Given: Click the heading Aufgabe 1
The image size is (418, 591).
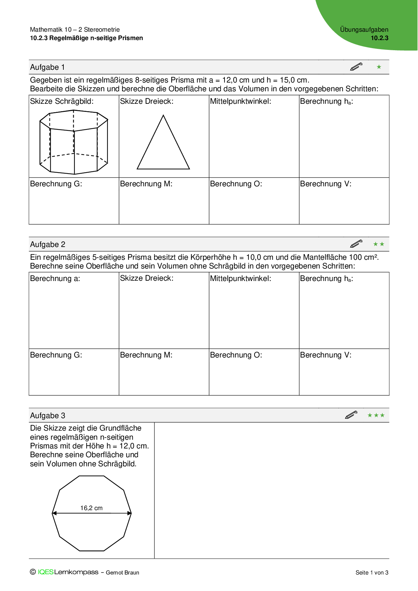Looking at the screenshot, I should pyautogui.click(x=47, y=67).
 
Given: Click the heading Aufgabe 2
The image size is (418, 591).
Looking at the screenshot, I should pyautogui.click(x=48, y=245).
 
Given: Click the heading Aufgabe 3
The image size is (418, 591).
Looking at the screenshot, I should pyautogui.click(x=48, y=416).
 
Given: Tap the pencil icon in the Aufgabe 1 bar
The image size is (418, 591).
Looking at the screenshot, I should pyautogui.click(x=356, y=67).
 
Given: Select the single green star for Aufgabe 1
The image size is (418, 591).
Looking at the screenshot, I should pyautogui.click(x=379, y=67).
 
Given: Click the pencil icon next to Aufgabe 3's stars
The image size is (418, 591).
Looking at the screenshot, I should pyautogui.click(x=351, y=415).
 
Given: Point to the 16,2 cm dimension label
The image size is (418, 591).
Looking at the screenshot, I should pyautogui.click(x=91, y=508).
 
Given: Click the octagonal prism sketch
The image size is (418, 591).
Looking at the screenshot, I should pyautogui.click(x=74, y=142).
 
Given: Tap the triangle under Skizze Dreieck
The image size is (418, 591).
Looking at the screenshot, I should pyautogui.click(x=163, y=145).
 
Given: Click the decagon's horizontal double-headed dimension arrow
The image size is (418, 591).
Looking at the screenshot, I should pyautogui.click(x=92, y=513).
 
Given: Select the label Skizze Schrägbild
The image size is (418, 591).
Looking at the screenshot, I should pyautogui.click(x=62, y=101).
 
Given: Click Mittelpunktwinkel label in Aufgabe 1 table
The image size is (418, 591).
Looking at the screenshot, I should pyautogui.click(x=240, y=101).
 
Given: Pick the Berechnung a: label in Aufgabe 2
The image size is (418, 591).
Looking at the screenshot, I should pyautogui.click(x=55, y=279).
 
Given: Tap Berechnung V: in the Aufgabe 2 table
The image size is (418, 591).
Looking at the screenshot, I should pyautogui.click(x=326, y=355).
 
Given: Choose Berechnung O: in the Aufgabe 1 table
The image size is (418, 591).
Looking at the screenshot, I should pyautogui.click(x=236, y=184).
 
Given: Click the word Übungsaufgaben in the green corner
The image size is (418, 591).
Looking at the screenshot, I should pyautogui.click(x=364, y=30).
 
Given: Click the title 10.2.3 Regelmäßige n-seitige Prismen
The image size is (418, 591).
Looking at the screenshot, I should pyautogui.click(x=86, y=38).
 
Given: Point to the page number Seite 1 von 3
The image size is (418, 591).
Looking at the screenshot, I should pyautogui.click(x=372, y=572).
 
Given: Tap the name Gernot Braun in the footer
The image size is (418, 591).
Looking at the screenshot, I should pyautogui.click(x=122, y=572).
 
